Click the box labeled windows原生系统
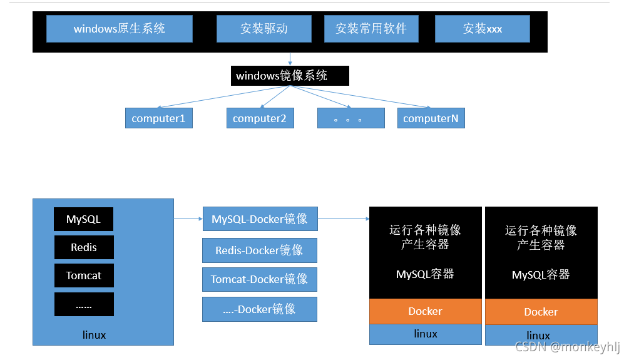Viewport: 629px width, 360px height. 119,29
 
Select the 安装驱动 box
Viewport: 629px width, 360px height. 263,29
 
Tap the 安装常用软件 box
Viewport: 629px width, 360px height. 371,29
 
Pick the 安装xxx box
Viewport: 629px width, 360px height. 482,29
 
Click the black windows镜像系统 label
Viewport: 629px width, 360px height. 290,76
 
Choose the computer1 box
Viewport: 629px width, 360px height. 158,118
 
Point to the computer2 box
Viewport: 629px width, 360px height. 259,118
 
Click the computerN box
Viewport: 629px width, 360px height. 431,118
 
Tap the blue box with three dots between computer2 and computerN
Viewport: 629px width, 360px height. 350,118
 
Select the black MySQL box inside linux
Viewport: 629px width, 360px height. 84,220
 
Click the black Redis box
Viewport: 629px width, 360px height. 84,247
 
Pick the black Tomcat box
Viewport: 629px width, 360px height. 84,275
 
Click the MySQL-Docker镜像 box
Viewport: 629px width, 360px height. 260,219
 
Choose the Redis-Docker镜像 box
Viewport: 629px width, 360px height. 260,250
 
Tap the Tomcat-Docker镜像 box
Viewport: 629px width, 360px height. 260,279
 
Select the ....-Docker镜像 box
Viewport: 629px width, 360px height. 260,309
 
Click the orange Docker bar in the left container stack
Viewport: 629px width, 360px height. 426,311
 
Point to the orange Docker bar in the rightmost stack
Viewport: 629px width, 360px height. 541,312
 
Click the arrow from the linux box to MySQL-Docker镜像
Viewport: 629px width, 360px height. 188,219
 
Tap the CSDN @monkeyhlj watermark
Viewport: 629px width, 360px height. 567,347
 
